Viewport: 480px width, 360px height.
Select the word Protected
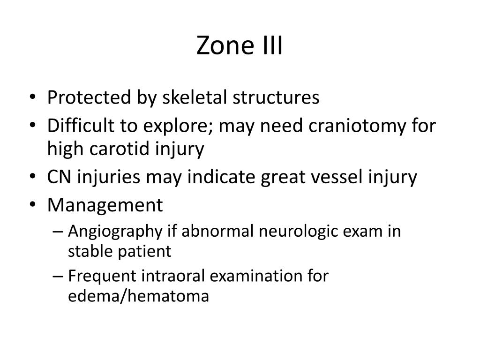coord(89,98)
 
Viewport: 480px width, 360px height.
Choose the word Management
coord(105,205)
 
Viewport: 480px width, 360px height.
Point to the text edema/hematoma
coord(138,296)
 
